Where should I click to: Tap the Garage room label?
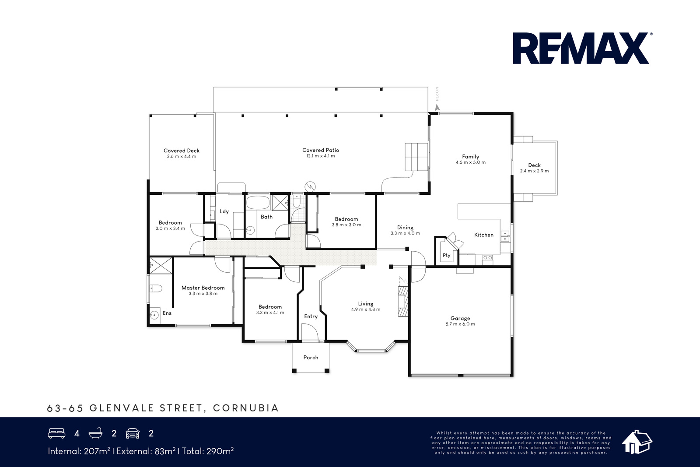pyautogui.click(x=460, y=318)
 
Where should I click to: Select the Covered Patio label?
pyautogui.click(x=321, y=150)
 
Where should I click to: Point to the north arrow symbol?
pyautogui.click(x=437, y=108)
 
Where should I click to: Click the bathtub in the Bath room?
pyautogui.click(x=258, y=203)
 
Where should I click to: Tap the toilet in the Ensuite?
pyautogui.click(x=156, y=288)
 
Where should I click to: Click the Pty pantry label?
pyautogui.click(x=446, y=255)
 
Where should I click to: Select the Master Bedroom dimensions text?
pyautogui.click(x=203, y=294)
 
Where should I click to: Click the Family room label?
pyautogui.click(x=470, y=157)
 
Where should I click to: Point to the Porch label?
pyautogui.click(x=311, y=357)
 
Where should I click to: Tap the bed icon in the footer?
pyautogui.click(x=56, y=433)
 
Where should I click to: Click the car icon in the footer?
pyautogui.click(x=133, y=434)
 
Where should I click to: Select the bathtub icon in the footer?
pyautogui.click(x=96, y=433)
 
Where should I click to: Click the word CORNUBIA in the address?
pyautogui.click(x=246, y=408)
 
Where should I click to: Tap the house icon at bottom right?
pyautogui.click(x=637, y=442)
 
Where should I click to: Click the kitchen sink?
pyautogui.click(x=505, y=236)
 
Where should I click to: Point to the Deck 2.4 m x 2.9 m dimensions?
pyautogui.click(x=534, y=171)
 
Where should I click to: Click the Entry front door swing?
pyautogui.click(x=310, y=332)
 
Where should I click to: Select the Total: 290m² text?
pyautogui.click(x=208, y=451)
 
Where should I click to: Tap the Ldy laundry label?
pyautogui.click(x=224, y=211)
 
